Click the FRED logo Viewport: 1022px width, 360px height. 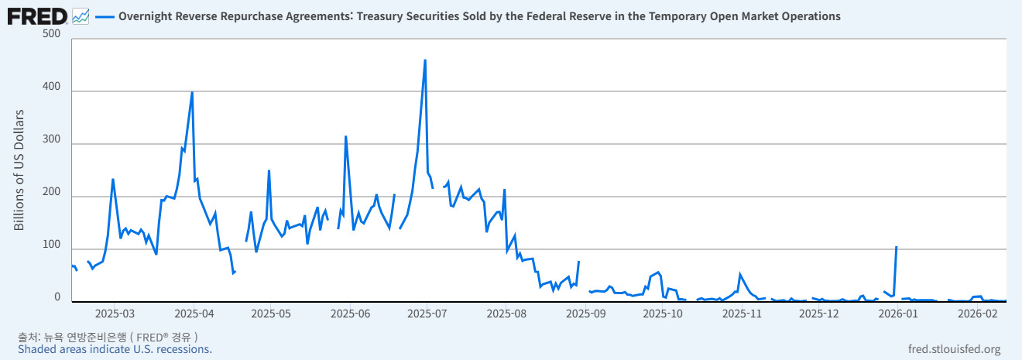(x=36, y=15)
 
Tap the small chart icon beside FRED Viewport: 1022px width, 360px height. (x=80, y=15)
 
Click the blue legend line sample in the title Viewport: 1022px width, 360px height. (x=105, y=16)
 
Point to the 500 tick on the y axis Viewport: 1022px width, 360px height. (x=51, y=34)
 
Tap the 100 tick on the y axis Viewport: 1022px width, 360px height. (x=51, y=245)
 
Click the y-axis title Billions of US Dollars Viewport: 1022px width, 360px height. (x=20, y=170)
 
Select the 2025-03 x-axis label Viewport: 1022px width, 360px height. (x=115, y=314)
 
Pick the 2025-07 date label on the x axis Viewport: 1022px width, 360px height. (x=428, y=314)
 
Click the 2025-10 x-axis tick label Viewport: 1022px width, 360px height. (x=663, y=314)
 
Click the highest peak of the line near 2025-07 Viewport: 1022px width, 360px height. (x=425, y=60)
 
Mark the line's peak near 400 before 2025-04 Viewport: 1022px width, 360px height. (x=192, y=92)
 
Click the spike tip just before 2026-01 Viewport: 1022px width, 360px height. (x=896, y=247)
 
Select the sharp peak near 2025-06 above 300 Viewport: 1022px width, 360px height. (x=345, y=136)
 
